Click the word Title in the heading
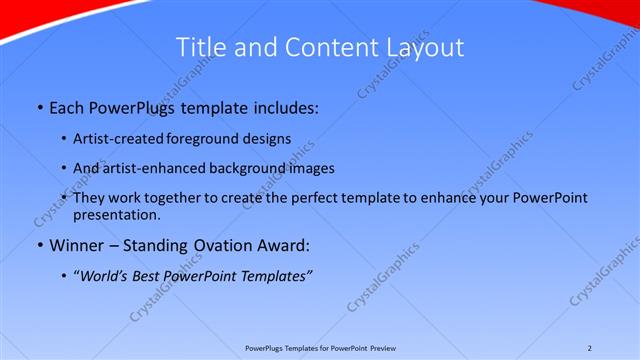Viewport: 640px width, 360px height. pos(199,47)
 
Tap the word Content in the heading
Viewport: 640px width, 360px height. pos(322,47)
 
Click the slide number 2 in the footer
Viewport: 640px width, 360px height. pos(590,348)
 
